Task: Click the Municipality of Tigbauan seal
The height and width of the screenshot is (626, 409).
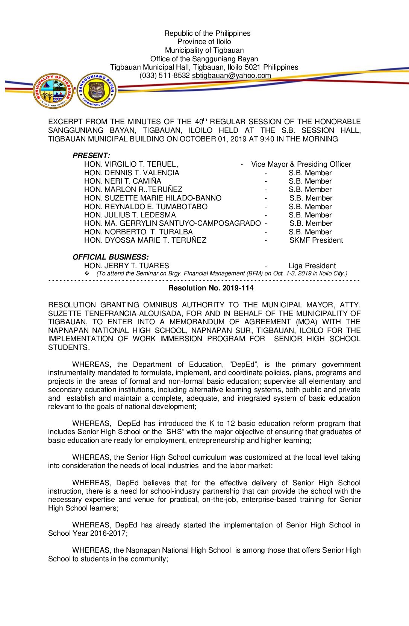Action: [x=53, y=91]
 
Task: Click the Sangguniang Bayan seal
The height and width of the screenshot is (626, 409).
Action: [x=97, y=91]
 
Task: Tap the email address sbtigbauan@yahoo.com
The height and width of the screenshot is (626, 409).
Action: [x=231, y=76]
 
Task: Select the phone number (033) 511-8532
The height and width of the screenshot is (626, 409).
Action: [x=165, y=76]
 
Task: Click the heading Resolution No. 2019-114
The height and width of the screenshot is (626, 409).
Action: [x=211, y=288]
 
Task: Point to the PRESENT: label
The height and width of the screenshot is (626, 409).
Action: [x=91, y=155]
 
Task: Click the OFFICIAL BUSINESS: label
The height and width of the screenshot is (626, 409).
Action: [x=111, y=257]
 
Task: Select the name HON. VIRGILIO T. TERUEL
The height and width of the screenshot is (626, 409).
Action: [x=131, y=164]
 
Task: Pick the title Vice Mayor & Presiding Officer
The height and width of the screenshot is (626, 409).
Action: [x=301, y=164]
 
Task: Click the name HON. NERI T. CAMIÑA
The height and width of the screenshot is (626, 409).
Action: [x=123, y=181]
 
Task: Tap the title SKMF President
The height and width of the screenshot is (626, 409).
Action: [x=316, y=240]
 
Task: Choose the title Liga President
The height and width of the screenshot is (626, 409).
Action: [x=312, y=266]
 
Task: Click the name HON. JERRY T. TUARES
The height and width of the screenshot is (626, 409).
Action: [x=126, y=266]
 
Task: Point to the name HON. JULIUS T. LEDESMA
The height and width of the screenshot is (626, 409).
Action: [x=130, y=215]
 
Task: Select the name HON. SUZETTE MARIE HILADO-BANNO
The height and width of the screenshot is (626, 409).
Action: [x=153, y=198]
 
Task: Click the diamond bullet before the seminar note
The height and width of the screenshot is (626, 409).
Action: [x=87, y=273]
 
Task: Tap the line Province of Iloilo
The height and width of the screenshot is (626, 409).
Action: [x=204, y=42]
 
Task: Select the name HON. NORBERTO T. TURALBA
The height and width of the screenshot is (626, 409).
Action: [x=138, y=232]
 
